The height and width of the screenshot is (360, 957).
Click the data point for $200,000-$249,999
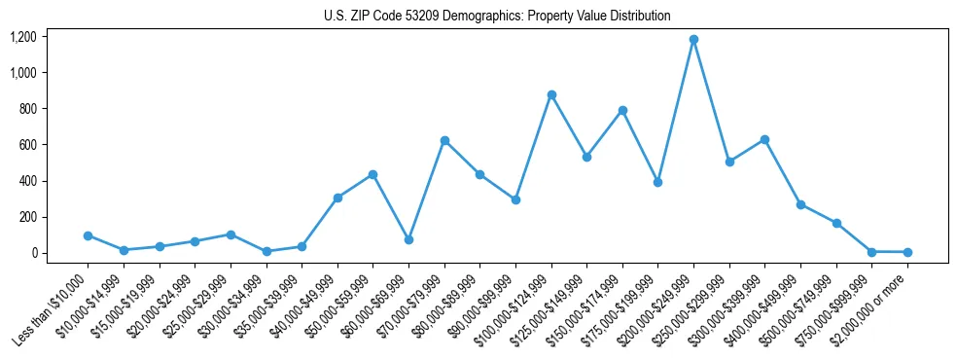693,40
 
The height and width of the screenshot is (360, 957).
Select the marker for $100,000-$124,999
551,95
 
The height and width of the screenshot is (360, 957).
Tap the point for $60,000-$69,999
408,239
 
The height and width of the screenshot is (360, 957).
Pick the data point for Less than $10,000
88,235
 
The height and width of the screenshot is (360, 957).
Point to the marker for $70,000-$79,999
444,141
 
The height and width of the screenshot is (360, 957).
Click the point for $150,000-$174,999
622,111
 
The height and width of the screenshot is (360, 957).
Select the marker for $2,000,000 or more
907,252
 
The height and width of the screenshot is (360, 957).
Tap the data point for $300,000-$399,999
764,140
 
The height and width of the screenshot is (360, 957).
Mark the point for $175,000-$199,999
658,182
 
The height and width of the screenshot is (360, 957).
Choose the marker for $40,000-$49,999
337,198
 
